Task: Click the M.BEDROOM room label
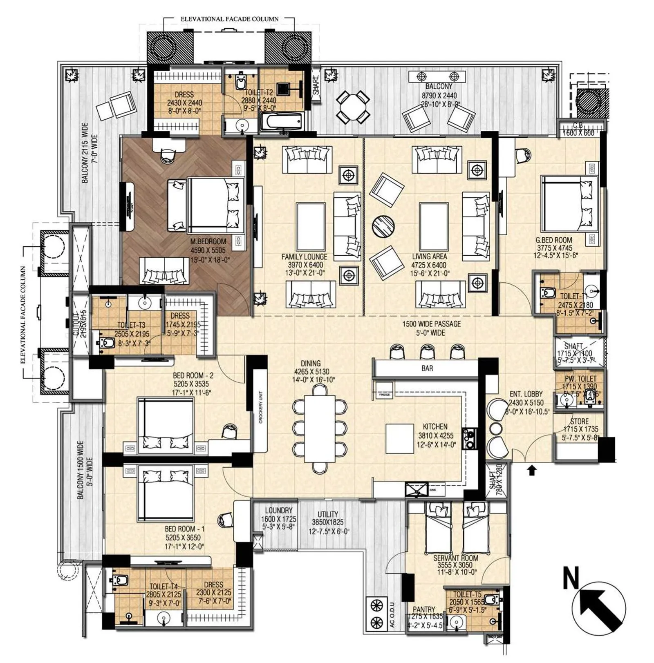[208, 241]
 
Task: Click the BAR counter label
[427, 368]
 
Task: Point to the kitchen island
[400, 439]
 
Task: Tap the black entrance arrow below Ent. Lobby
[531, 471]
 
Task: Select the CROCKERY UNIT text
[261, 407]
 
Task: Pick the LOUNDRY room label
[279, 511]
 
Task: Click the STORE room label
[579, 421]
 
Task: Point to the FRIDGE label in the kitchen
[385, 395]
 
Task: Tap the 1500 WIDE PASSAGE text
[431, 324]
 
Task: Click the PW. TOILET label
[580, 379]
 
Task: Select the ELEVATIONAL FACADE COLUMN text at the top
[230, 19]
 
